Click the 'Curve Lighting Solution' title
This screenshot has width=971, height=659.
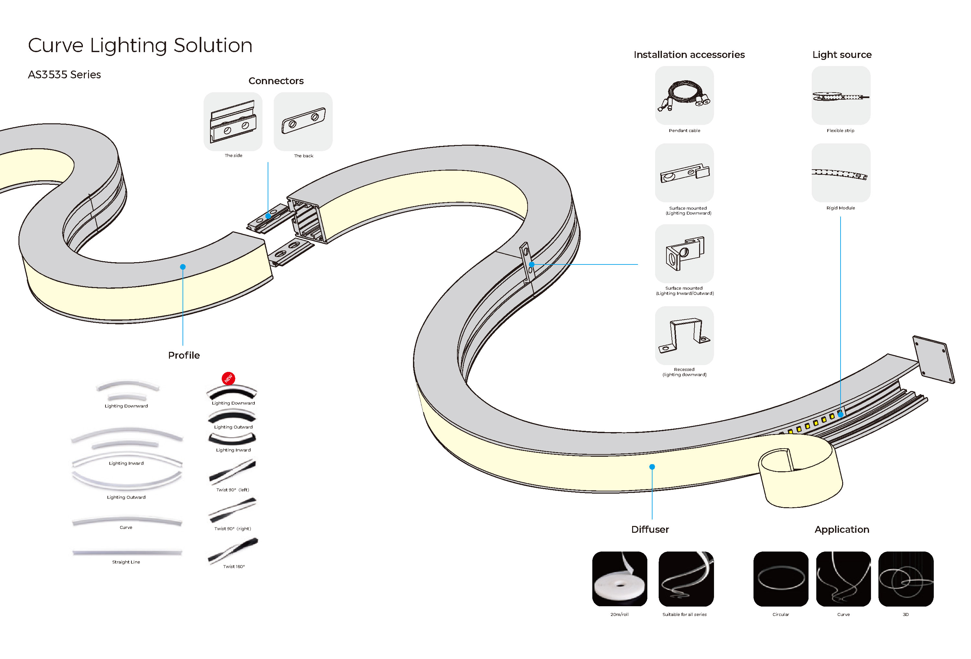pyautogui.click(x=140, y=45)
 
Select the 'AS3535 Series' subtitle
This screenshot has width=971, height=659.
pyautogui.click(x=64, y=74)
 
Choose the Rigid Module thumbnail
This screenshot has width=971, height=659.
pyautogui.click(x=841, y=173)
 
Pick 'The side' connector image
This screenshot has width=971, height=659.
pyautogui.click(x=233, y=122)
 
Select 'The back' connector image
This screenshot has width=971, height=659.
pyautogui.click(x=303, y=122)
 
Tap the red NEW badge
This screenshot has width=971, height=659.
pyautogui.click(x=228, y=378)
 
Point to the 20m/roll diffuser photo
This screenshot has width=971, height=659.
pyautogui.click(x=619, y=579)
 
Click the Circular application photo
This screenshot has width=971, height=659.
pyautogui.click(x=780, y=579)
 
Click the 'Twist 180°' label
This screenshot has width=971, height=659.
pyautogui.click(x=234, y=567)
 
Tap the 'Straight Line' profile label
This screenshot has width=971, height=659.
pyautogui.click(x=126, y=562)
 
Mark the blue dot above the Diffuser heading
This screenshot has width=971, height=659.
pyautogui.click(x=652, y=467)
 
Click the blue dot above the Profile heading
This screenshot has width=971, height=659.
pyautogui.click(x=183, y=267)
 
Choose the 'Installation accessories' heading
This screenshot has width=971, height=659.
pyautogui.click(x=689, y=55)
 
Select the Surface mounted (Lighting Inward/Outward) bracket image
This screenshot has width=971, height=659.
pyautogui.click(x=684, y=254)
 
